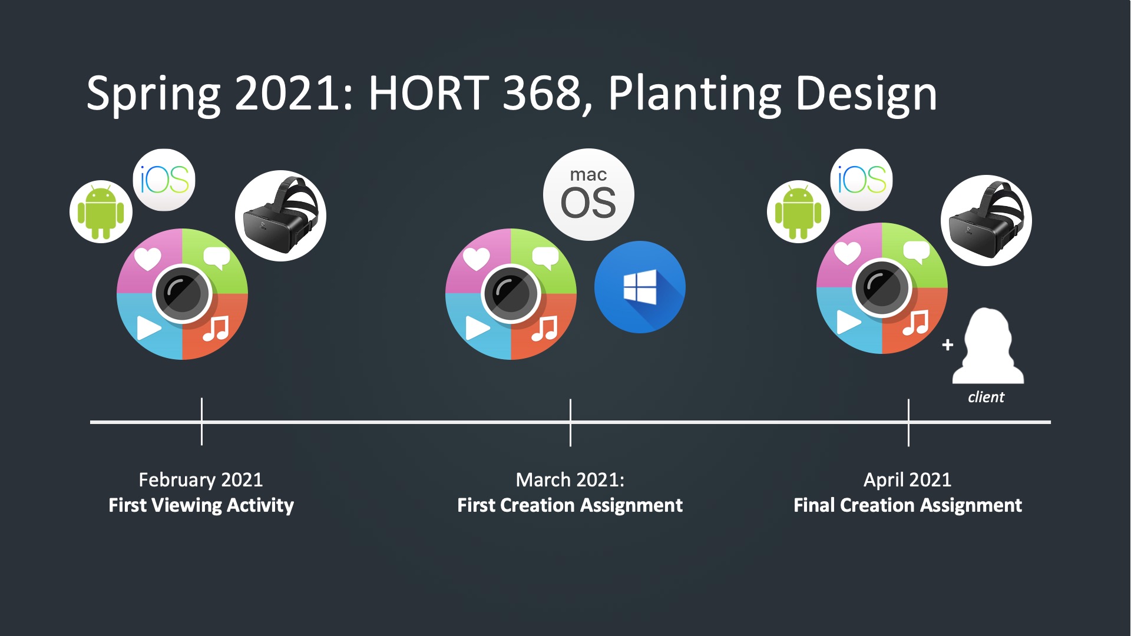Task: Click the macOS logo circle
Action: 588,194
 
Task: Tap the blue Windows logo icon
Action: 640,287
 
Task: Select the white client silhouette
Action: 988,346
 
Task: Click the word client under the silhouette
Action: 986,397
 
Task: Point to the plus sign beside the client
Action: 947,344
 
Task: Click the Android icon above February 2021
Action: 101,211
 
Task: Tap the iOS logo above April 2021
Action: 862,180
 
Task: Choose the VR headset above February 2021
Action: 280,216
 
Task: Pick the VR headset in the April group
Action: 986,220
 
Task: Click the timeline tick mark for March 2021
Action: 570,422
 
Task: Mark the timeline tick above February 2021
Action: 201,422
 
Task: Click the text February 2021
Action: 201,479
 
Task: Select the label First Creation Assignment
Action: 570,505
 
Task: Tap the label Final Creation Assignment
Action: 908,505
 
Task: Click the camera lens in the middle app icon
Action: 511,293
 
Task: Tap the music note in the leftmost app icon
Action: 216,329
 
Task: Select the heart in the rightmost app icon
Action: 847,253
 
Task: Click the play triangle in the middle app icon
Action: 477,328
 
